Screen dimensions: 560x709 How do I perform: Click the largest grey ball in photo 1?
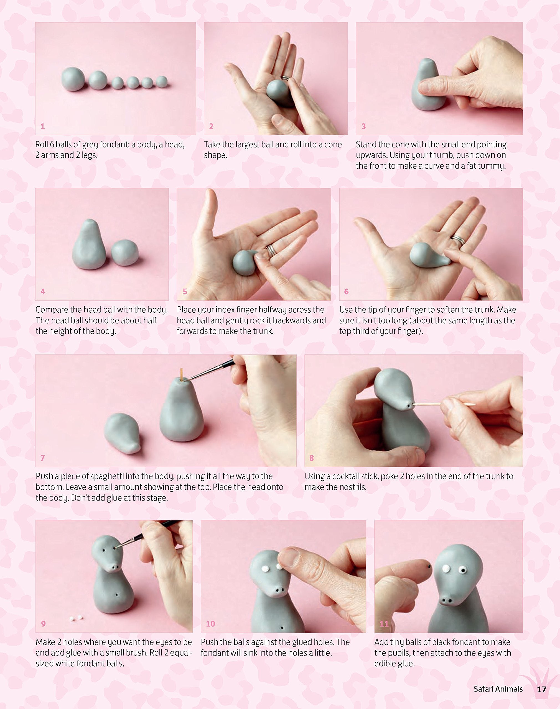73,79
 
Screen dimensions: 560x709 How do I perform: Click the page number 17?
541,689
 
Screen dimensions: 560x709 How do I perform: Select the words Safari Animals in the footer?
498,689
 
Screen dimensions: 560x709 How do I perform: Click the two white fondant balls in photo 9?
76,618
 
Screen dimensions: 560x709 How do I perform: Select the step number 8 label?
312,458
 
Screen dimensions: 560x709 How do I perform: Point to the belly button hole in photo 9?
116,594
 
